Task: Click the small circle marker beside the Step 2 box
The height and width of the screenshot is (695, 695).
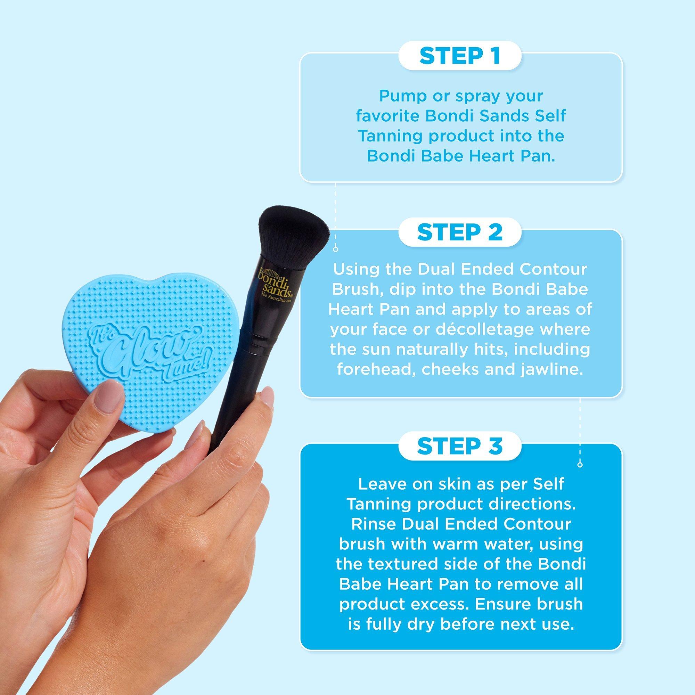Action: coord(336,249)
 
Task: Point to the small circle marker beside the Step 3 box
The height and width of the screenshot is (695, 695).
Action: coord(580,464)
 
